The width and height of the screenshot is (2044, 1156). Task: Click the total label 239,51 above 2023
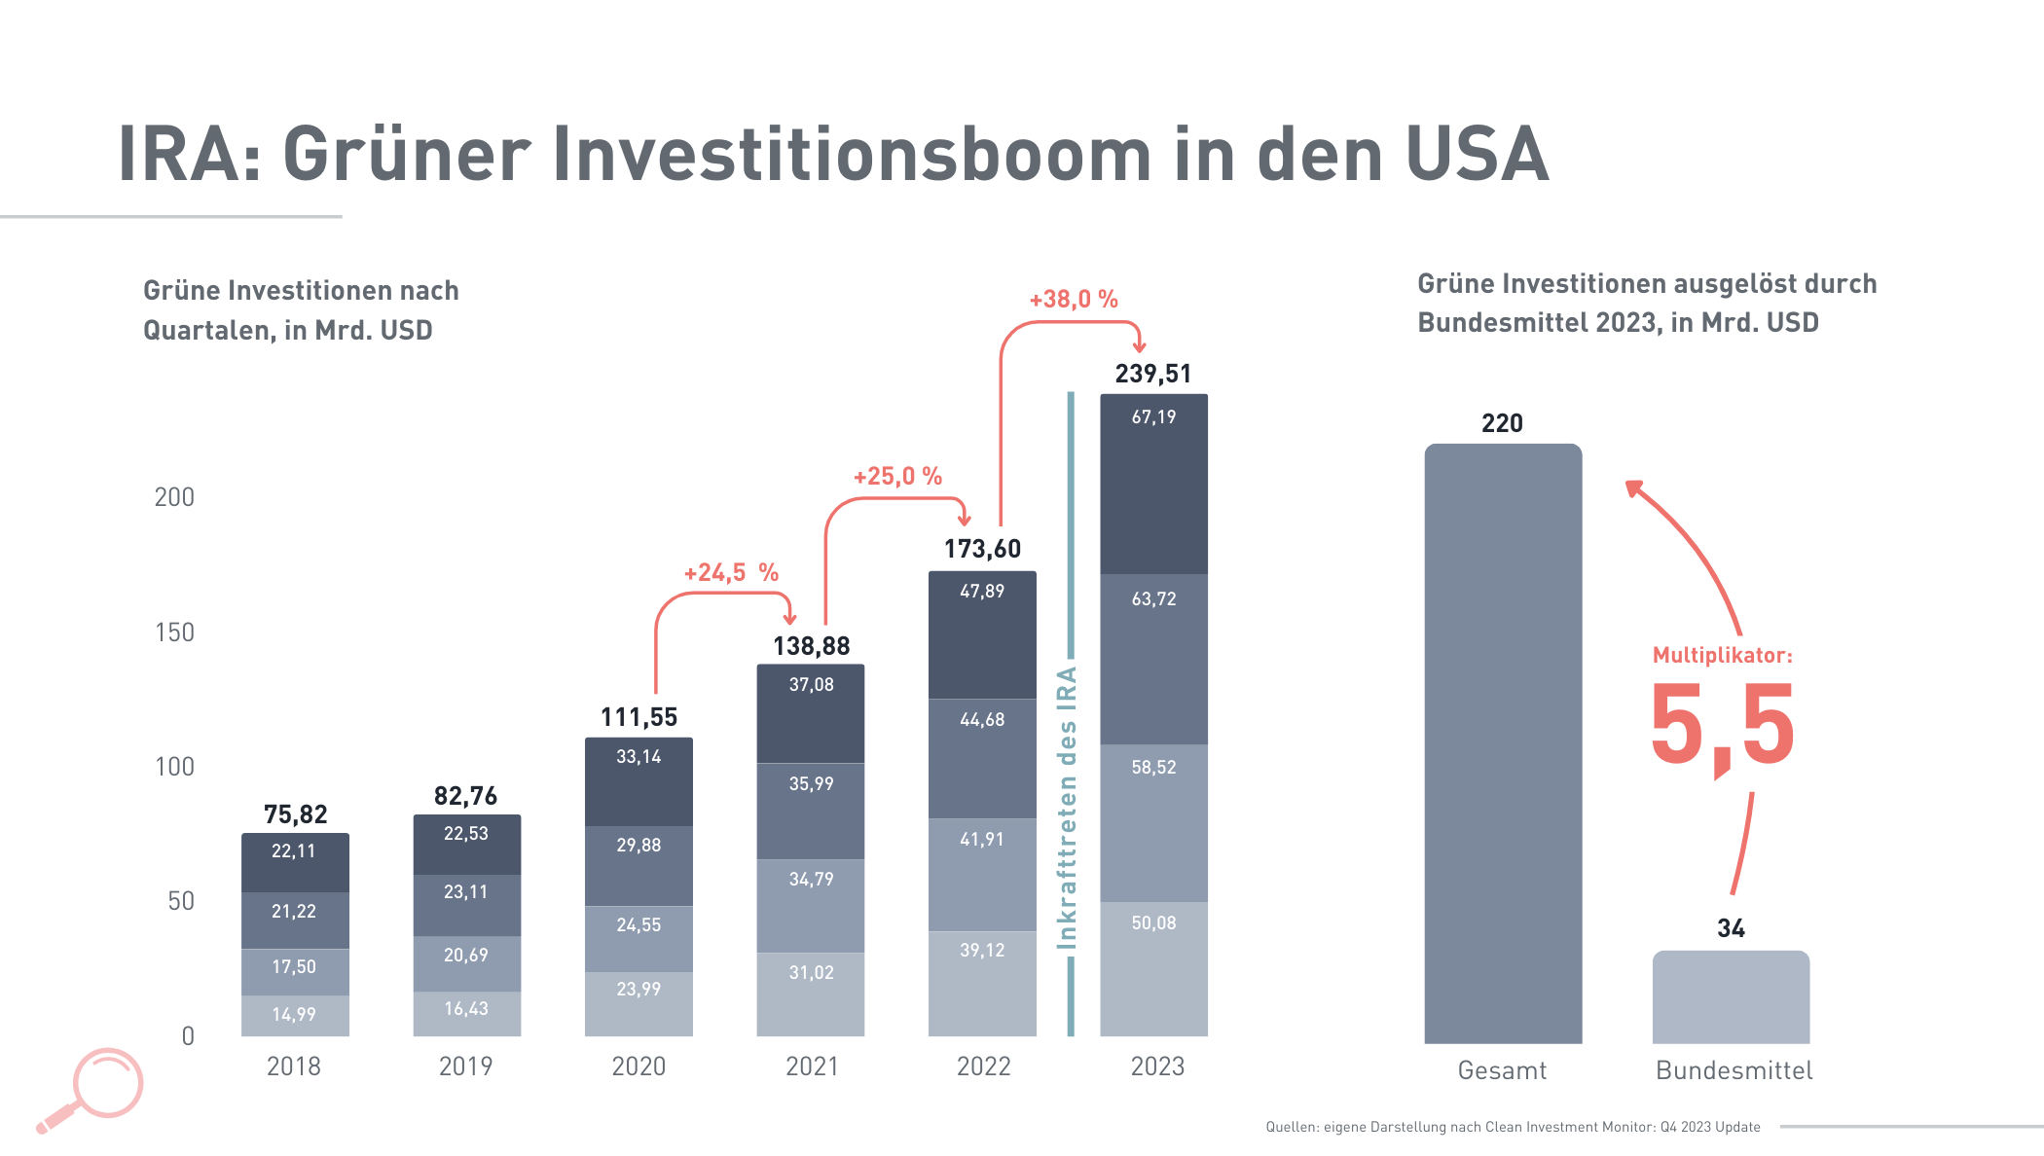pos(1152,374)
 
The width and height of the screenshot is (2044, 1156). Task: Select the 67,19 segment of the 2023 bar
pos(1153,484)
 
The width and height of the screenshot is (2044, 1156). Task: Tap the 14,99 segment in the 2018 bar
pos(294,1015)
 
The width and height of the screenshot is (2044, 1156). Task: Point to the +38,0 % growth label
pos(1074,300)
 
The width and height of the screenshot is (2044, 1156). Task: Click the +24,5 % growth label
pos(731,573)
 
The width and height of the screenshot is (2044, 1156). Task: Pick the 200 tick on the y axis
pos(174,497)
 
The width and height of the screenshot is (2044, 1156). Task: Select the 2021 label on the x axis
pos(812,1066)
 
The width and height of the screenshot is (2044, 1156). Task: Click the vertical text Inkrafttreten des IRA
pos(1068,808)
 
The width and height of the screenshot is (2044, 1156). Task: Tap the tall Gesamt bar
pos(1503,744)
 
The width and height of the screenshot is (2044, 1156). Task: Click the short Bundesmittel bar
pos(1731,997)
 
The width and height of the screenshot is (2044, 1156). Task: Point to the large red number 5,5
pos(1722,725)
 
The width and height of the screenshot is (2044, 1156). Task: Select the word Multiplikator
pos(1722,655)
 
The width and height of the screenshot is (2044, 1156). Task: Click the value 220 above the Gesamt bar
pos(1502,423)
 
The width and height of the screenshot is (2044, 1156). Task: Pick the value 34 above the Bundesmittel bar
pos(1731,928)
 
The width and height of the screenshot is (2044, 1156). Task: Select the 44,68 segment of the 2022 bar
pos(982,758)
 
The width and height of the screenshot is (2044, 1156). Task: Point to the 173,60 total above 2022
pos(982,549)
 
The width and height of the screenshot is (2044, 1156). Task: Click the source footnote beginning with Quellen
pos(1513,1127)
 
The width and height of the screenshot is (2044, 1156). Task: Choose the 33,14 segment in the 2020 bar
pos(639,781)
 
